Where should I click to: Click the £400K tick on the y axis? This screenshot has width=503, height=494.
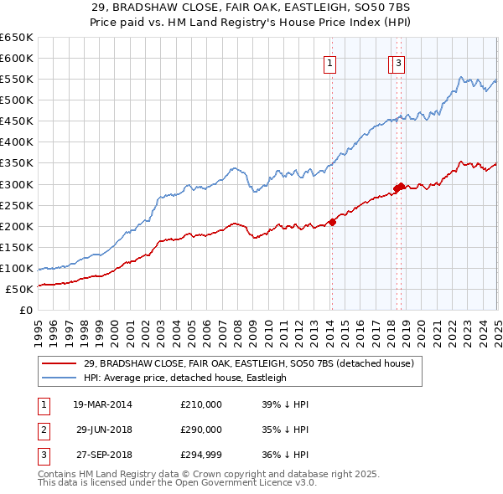click(x=17, y=142)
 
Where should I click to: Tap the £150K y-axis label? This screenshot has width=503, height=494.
click(x=17, y=247)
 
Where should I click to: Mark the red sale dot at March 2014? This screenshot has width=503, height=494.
click(x=332, y=222)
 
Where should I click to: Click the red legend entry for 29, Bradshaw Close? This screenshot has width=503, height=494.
click(x=248, y=363)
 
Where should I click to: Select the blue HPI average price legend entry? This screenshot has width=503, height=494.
click(x=184, y=378)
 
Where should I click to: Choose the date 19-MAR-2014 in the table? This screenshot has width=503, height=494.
click(x=102, y=404)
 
